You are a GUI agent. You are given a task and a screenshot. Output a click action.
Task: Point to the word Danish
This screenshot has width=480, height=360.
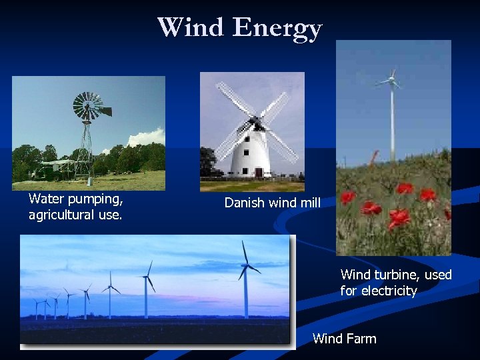[x=244, y=203]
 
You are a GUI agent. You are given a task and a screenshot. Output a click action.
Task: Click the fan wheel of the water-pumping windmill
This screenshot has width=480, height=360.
[x=87, y=106]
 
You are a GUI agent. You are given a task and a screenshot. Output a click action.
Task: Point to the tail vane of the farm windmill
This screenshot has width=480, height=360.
[x=105, y=111]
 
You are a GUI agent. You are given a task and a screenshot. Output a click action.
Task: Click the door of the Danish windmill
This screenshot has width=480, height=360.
[x=258, y=172]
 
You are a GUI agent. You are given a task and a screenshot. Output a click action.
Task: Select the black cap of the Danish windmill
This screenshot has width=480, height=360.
[x=254, y=123]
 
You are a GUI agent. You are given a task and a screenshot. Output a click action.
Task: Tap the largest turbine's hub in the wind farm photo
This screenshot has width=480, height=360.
[x=247, y=266]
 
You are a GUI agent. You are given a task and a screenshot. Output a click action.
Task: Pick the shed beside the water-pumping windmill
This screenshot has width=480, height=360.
[x=56, y=167]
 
